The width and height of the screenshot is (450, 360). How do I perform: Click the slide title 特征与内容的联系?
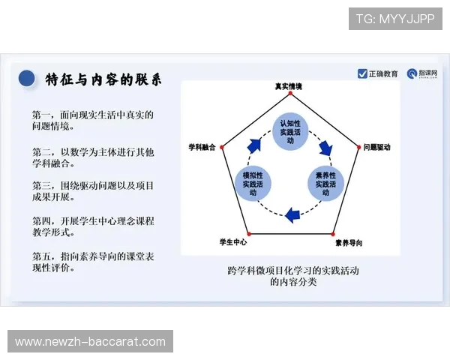103,79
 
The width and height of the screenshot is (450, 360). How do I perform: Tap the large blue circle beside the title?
27,79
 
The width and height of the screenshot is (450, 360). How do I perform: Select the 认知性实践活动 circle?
289,127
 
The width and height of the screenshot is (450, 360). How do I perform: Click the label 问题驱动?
377,148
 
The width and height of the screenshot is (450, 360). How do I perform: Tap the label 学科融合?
202,148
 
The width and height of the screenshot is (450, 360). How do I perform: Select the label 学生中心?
233,242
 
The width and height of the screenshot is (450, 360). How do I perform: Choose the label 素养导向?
349,242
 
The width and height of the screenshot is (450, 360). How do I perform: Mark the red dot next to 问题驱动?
358,148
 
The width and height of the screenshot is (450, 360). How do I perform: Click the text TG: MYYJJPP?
394,19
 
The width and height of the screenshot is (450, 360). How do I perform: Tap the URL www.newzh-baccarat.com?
90,341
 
